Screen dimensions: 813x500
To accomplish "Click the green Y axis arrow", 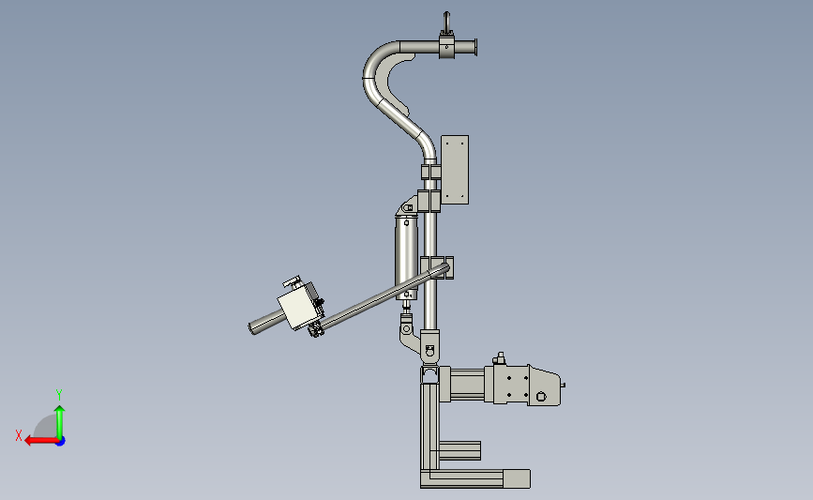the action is click(x=60, y=423).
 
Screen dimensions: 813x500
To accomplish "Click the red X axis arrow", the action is click(x=41, y=441).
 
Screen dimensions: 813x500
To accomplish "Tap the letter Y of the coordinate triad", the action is click(x=59, y=395).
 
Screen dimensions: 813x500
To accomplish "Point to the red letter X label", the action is click(x=19, y=435).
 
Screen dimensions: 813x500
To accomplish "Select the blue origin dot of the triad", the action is click(x=61, y=442).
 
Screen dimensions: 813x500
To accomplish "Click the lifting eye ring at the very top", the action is click(x=446, y=21).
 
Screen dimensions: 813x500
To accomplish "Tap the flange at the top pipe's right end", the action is click(x=474, y=47).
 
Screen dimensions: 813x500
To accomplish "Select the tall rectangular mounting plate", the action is click(x=455, y=170).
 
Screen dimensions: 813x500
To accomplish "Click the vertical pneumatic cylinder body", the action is click(x=407, y=257).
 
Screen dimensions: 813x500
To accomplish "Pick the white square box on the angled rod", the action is click(x=297, y=306).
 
